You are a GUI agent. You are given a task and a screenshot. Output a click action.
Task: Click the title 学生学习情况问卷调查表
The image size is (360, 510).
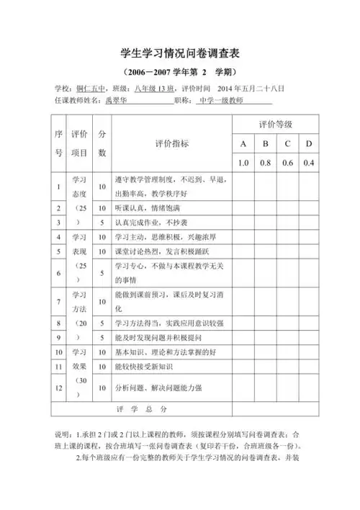click(x=180, y=54)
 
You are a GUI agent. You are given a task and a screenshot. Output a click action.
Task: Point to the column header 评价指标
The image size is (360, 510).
click(x=172, y=143)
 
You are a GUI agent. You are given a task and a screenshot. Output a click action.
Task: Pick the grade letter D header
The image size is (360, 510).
click(x=308, y=144)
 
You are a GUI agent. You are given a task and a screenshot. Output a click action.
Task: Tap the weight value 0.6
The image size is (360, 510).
click(x=287, y=163)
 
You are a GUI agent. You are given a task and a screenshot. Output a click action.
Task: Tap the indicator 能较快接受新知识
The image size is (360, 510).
click(x=148, y=367)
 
